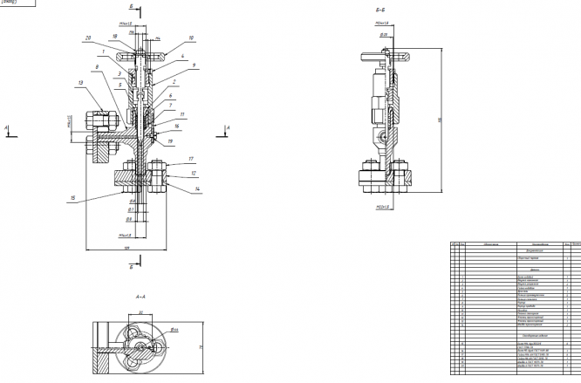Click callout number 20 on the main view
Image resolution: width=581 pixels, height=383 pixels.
click(x=88, y=38)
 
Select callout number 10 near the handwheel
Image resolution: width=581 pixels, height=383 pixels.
click(x=191, y=38)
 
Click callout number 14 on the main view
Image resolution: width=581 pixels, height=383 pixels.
click(x=198, y=188)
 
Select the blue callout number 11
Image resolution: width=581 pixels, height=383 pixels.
click(x=182, y=114)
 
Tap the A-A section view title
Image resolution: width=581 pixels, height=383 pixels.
click(x=140, y=298)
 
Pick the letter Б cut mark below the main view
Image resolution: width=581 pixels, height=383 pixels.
click(x=130, y=267)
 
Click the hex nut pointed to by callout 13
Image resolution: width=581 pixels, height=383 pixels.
click(x=97, y=119)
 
